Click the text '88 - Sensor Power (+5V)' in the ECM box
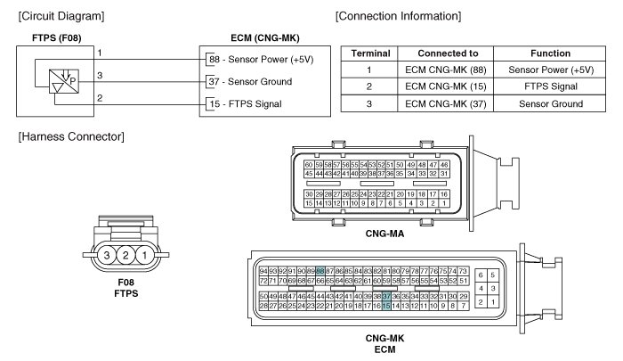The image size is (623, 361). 264,60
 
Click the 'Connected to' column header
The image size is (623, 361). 442,53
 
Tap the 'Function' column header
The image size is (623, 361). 549,53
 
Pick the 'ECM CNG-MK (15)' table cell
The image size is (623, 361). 442,86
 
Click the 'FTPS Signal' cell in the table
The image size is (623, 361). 549,86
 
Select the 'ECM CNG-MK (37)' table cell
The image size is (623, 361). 442,103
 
